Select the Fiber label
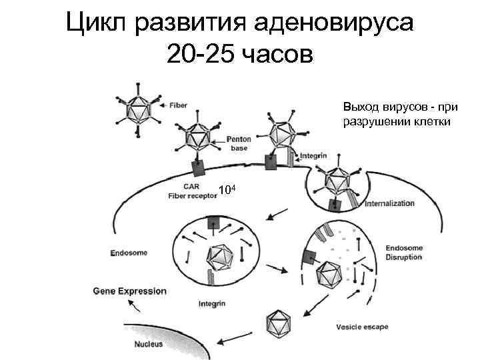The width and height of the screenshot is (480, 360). point(179,105)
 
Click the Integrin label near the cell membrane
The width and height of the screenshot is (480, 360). point(313,156)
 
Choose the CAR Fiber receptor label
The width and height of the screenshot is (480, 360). point(193,192)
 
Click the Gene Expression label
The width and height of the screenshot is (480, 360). point(129,291)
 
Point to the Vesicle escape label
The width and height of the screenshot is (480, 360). point(362,327)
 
